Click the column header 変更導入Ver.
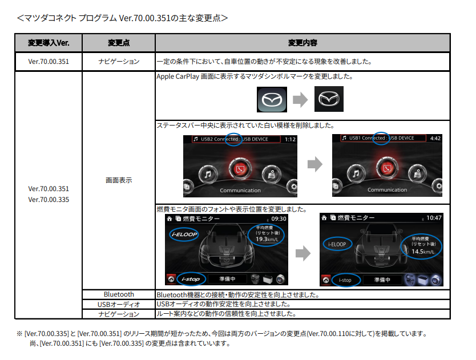[49, 43]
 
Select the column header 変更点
[119, 43]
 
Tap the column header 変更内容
[302, 43]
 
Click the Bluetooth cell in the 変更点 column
[119, 294]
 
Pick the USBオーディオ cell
[119, 304]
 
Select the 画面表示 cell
[119, 180]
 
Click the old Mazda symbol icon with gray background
[271, 100]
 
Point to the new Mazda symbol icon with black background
[329, 100]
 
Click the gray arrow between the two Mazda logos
[300, 100]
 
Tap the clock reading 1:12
[290, 139]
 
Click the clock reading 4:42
[435, 138]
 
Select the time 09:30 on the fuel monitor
[279, 219]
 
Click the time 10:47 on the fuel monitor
[434, 218]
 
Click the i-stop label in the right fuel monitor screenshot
[345, 280]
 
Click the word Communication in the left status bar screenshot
[240, 190]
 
